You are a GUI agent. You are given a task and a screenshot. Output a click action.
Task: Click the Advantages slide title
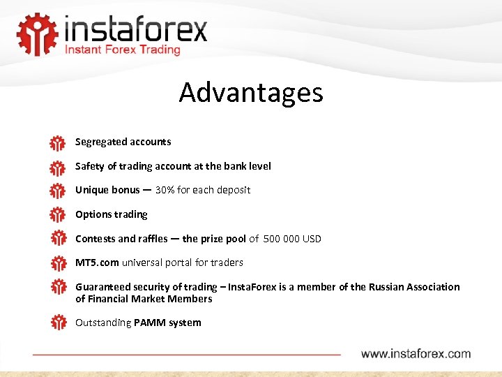pos(251,92)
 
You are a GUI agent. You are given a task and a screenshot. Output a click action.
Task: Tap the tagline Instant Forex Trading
pos(123,50)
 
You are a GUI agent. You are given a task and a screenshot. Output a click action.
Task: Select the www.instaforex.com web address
pos(416,354)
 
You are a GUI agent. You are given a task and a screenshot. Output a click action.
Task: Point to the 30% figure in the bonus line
pos(166,190)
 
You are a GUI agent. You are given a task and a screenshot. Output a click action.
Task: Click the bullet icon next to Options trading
pos(57,214)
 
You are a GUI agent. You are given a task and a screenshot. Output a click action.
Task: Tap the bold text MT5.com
pos(97,263)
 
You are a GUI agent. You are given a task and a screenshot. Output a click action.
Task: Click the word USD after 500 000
pos(312,239)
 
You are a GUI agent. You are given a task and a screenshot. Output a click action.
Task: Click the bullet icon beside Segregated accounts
pos(57,143)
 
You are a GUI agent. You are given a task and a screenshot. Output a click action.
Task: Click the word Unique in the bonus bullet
pos(91,190)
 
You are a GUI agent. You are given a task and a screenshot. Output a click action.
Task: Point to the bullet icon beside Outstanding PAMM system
pos(57,323)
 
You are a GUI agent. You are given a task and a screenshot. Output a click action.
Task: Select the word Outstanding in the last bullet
pos(103,323)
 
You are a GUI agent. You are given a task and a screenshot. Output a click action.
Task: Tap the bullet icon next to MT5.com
pos(57,263)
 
